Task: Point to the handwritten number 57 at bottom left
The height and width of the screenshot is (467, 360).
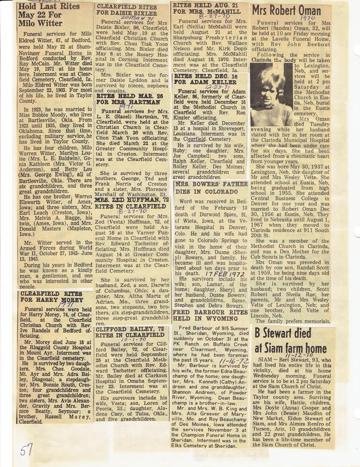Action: (x=27, y=451)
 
